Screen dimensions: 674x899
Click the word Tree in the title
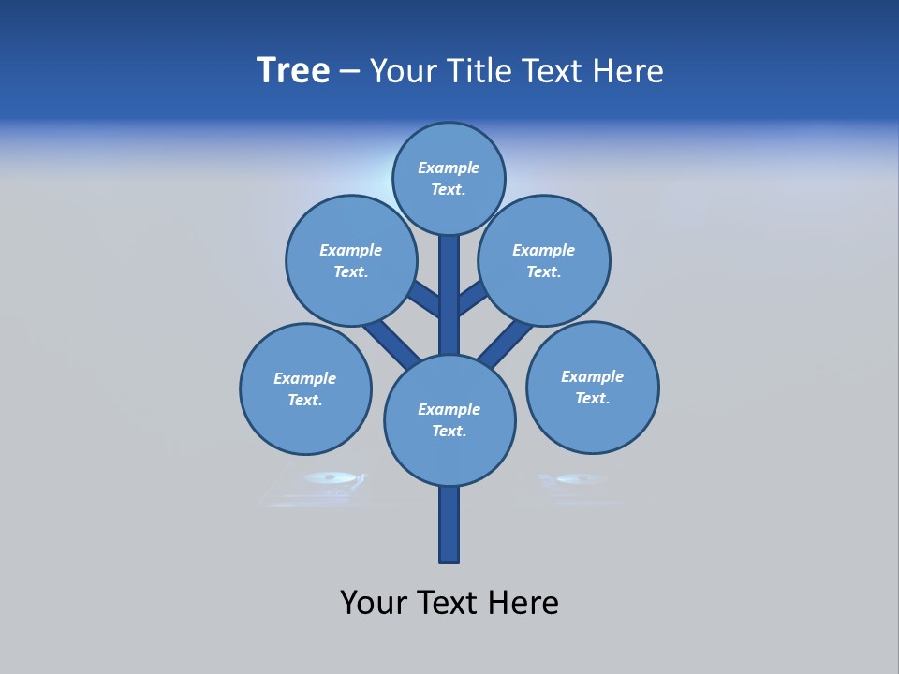293,70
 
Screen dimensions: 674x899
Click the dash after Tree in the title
349,72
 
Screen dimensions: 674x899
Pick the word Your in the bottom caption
376,602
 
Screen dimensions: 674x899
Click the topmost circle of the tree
449,178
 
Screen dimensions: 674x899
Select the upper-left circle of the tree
351,260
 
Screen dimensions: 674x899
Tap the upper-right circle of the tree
544,260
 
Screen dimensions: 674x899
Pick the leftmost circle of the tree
305,388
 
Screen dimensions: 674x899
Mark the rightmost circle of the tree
593,387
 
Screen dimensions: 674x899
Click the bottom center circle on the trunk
449,420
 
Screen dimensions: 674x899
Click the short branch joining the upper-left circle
424,299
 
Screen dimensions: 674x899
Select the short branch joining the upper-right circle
472,298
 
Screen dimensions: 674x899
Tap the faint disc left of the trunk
332,478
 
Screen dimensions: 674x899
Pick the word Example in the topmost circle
449,168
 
